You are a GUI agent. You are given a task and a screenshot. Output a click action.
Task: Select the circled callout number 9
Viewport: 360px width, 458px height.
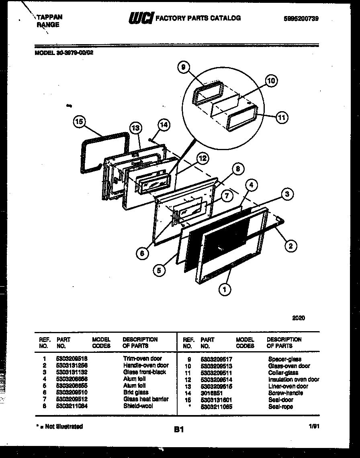pyautogui.click(x=183, y=68)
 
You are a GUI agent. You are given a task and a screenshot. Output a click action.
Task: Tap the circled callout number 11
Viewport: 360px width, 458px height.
pyautogui.click(x=282, y=117)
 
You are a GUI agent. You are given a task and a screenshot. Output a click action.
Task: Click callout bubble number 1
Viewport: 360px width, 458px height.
pyautogui.click(x=225, y=288)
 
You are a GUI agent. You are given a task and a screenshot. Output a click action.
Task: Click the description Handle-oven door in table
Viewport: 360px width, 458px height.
pyautogui.click(x=146, y=365)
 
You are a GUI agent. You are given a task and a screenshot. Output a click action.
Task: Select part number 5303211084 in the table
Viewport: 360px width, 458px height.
pyautogui.click(x=72, y=406)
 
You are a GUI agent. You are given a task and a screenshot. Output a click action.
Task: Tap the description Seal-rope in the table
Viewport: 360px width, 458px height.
pyautogui.click(x=280, y=407)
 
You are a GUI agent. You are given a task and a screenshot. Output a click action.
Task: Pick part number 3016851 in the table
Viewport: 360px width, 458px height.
pyautogui.click(x=211, y=393)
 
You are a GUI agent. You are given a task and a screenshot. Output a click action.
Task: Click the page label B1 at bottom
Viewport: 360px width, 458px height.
pyautogui.click(x=179, y=430)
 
